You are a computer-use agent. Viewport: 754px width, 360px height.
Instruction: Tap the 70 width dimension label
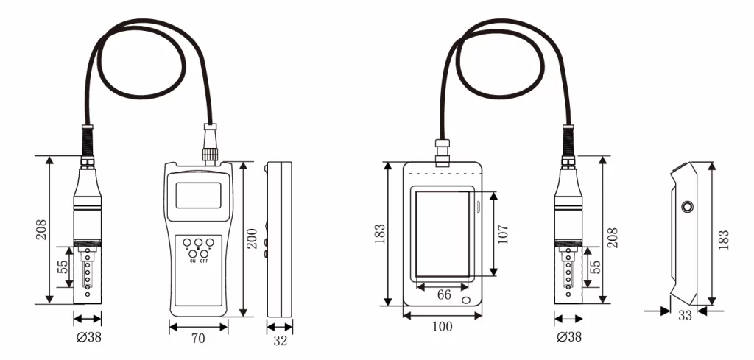[198, 339]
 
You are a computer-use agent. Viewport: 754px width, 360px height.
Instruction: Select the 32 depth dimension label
[279, 341]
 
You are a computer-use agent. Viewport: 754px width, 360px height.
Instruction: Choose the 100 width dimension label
[442, 326]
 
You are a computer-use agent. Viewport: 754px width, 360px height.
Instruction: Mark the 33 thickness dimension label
[684, 316]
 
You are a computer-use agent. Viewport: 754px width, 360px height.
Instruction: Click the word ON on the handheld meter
[193, 261]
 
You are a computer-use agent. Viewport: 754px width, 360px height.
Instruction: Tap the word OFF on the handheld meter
[204, 261]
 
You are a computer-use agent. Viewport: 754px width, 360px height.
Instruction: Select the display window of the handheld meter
[198, 195]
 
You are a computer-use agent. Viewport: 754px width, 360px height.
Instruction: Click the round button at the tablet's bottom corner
[467, 300]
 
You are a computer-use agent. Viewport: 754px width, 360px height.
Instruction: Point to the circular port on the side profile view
[687, 208]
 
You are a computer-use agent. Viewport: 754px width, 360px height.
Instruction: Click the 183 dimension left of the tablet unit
[380, 234]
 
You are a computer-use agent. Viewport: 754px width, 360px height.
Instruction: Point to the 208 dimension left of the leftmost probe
[41, 229]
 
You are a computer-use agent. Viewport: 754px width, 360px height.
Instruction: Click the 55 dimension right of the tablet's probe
[595, 267]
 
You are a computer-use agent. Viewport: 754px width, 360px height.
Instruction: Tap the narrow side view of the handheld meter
[279, 239]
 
